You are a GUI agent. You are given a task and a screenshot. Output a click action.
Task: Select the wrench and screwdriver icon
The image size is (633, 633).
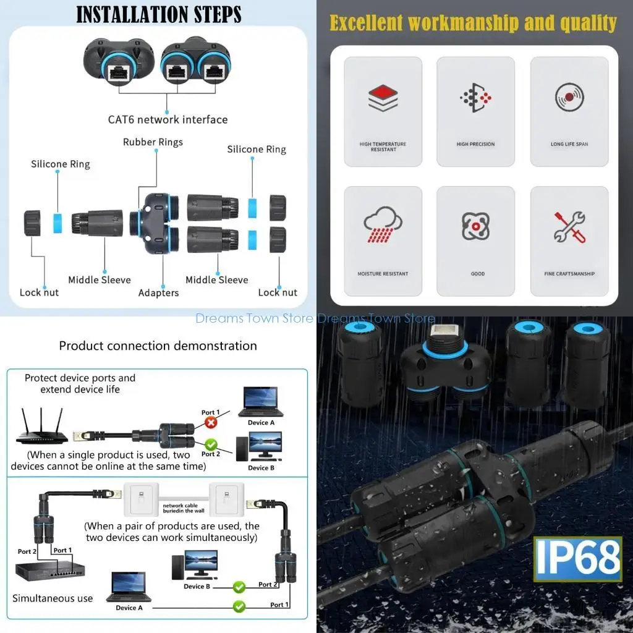coord(569,226)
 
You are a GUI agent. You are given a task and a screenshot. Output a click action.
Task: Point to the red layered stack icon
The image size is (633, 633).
coord(383,98)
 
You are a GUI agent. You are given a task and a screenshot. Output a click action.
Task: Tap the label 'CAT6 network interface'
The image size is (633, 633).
coord(168,119)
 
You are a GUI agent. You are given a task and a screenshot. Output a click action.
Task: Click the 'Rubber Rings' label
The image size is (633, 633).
coord(153,142)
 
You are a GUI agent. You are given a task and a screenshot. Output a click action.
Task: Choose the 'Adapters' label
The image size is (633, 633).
coord(158,292)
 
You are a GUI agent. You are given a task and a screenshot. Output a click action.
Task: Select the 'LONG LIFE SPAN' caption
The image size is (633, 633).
coord(569,144)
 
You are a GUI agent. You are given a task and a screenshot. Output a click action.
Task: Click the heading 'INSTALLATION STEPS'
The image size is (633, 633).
coord(158,14)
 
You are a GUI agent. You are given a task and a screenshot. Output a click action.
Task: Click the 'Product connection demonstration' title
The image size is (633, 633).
coord(158,346)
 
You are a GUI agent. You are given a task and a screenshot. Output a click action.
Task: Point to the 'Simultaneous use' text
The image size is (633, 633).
coord(53,598)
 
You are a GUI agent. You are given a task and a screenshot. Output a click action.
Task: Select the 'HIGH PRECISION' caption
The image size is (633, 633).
coord(475,144)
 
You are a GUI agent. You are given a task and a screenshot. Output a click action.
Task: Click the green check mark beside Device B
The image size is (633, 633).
coord(239,586)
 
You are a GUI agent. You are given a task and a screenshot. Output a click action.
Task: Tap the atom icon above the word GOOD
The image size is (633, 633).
coord(475,226)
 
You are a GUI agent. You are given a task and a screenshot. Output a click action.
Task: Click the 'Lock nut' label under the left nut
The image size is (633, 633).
coord(39,292)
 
